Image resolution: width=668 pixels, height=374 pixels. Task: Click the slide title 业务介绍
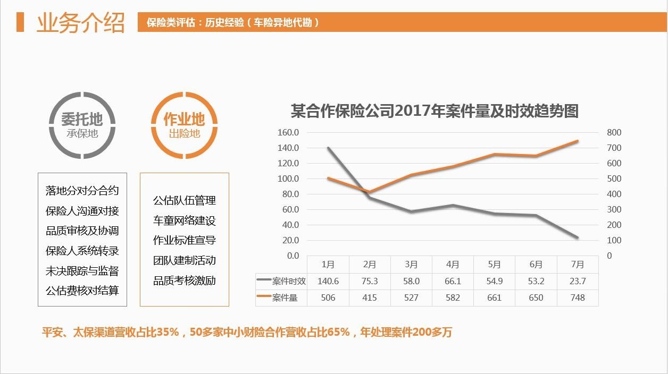[80, 23]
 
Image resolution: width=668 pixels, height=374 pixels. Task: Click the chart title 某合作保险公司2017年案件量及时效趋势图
[434, 111]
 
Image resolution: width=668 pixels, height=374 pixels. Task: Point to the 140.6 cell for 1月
[328, 281]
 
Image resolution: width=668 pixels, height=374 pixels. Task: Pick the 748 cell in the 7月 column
[577, 297]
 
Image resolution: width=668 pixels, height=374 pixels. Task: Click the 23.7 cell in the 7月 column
[577, 281]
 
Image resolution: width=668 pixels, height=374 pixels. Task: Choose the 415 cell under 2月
[370, 297]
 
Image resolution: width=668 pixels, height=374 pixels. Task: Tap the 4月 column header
[453, 265]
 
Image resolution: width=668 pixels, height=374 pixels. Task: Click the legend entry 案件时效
[282, 281]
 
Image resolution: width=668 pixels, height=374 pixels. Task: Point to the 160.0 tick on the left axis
[288, 132]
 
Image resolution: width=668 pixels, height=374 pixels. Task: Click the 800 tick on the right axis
[614, 132]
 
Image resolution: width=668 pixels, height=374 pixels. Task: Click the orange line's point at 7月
[577, 141]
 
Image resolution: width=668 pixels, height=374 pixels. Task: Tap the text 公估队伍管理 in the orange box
[185, 201]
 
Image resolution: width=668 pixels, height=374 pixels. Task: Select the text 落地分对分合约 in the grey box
[82, 191]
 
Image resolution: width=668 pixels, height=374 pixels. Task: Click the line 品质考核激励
[185, 280]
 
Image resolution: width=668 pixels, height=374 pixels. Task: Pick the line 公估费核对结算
[82, 291]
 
